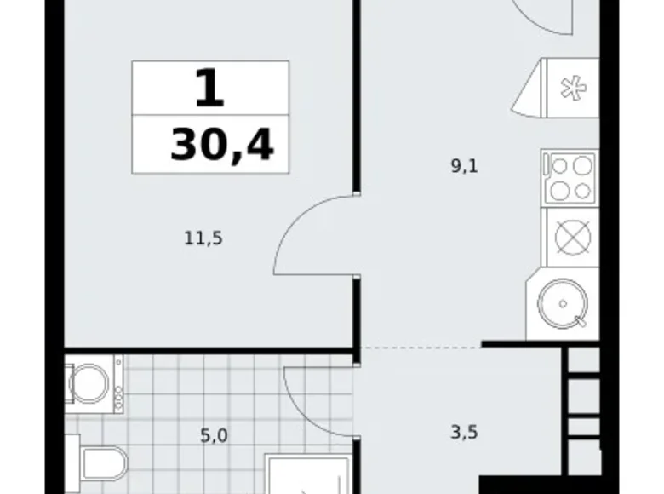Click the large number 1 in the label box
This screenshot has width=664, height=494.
(x=209, y=89)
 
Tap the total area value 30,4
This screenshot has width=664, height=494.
(x=221, y=146)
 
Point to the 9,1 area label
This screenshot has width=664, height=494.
(x=464, y=167)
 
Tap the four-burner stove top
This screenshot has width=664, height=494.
(x=570, y=177)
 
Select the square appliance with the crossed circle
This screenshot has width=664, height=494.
(x=570, y=237)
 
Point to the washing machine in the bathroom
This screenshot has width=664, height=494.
(x=92, y=384)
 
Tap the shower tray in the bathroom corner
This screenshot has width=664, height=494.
(x=306, y=474)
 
